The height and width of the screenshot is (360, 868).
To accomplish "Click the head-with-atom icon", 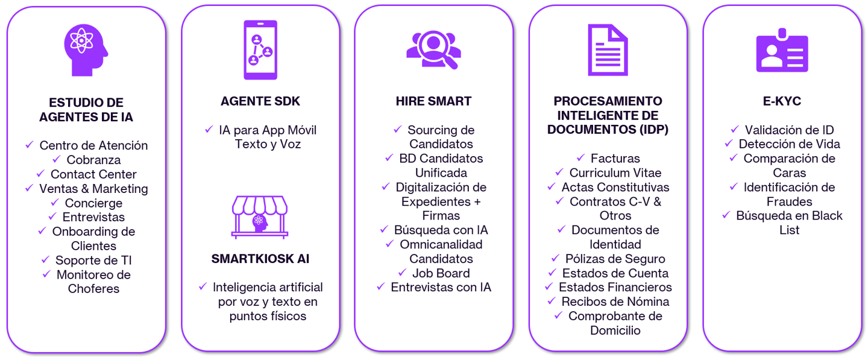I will point(86,50).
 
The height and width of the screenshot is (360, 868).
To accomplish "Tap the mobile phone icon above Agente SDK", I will point(260,50).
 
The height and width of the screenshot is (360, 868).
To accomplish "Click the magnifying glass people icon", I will point(433,48).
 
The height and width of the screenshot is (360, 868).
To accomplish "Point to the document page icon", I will point(608,50).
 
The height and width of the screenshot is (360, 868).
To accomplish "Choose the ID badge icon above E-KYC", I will point(782,51).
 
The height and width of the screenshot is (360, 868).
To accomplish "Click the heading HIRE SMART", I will point(433,101).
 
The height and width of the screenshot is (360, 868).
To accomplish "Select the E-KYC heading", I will point(782,101).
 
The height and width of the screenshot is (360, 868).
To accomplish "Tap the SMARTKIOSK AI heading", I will point(260,259).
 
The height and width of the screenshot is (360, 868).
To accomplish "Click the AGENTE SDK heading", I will point(260,101).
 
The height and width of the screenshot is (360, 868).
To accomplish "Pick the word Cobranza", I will point(93,160).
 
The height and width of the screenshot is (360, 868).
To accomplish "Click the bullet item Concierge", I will point(93,203).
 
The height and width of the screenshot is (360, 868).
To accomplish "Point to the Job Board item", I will point(441,273).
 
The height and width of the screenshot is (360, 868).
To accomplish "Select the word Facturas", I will point(615,159).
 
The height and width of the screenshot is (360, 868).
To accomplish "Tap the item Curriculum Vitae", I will point(615,173).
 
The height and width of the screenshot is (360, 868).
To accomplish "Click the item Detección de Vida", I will point(789,144).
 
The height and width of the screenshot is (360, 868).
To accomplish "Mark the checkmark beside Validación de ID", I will point(735,129).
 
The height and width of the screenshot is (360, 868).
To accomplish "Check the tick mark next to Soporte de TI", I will point(46,259).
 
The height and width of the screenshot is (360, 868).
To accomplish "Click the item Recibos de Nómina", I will point(615,302).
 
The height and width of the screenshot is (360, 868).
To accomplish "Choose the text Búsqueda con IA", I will point(441,230).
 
